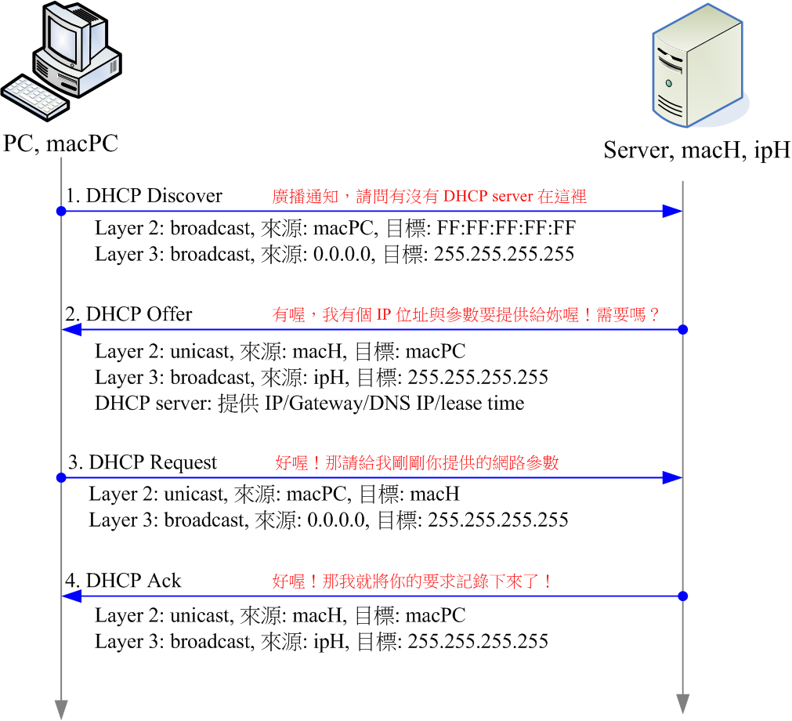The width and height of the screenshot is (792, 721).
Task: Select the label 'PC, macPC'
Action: [60, 143]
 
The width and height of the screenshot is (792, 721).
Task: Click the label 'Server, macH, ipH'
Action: [696, 150]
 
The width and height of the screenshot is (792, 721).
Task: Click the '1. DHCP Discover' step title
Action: [144, 196]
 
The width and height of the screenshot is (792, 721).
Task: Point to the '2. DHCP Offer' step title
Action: [128, 314]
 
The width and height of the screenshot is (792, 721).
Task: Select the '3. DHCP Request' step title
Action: [142, 462]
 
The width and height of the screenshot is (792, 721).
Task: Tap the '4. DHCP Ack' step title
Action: [123, 581]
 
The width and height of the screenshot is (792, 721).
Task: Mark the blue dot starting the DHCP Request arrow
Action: [60, 477]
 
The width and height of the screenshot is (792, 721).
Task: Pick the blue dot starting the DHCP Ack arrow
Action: [682, 596]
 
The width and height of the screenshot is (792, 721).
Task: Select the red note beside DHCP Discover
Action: [429, 197]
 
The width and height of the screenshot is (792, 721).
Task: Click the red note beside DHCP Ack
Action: [413, 582]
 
